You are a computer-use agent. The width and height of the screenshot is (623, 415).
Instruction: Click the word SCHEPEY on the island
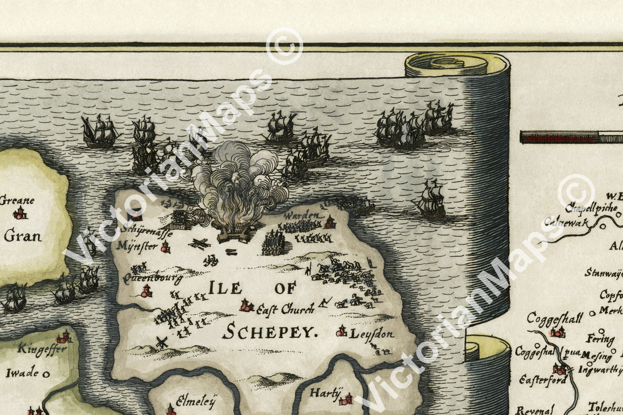click(x=270, y=332)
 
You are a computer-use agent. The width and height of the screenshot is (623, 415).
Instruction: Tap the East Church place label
click(x=285, y=309)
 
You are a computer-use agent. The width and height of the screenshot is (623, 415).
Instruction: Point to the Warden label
click(x=303, y=215)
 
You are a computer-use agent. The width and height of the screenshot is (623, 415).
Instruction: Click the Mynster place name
click(x=137, y=246)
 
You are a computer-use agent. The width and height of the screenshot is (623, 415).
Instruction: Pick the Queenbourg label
click(x=153, y=278)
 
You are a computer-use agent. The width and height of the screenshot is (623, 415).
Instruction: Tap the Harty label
click(x=325, y=393)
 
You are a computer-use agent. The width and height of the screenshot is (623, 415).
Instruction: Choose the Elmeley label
click(x=195, y=401)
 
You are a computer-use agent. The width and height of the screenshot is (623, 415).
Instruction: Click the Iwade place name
click(x=22, y=373)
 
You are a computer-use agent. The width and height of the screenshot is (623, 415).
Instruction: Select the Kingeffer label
click(x=42, y=349)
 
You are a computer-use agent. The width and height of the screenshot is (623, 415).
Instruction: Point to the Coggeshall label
click(x=554, y=318)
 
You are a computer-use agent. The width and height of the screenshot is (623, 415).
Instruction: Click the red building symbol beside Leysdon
click(x=341, y=331)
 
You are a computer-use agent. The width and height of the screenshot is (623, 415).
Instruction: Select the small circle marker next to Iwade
click(x=46, y=374)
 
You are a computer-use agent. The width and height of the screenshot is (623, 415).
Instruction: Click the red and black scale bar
click(x=571, y=137)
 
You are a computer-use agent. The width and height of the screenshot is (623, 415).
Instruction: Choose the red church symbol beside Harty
click(x=346, y=399)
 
